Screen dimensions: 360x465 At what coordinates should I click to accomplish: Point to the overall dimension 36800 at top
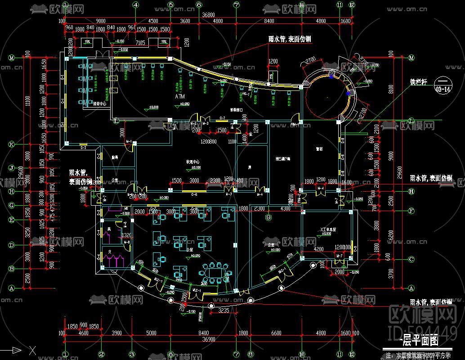coord(208,14)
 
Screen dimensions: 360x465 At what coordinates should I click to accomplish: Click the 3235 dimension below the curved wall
coord(224,311)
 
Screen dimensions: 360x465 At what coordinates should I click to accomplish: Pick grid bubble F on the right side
coord(411,211)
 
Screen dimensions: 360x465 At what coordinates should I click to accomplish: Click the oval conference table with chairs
coord(215,273)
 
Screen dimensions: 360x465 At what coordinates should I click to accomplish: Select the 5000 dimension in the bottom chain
coord(151,333)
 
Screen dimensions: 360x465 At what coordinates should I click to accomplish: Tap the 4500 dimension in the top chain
coord(153,21)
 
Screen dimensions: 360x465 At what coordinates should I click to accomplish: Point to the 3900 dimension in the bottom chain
coord(116,333)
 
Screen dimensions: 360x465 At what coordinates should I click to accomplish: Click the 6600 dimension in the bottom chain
coord(276,333)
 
